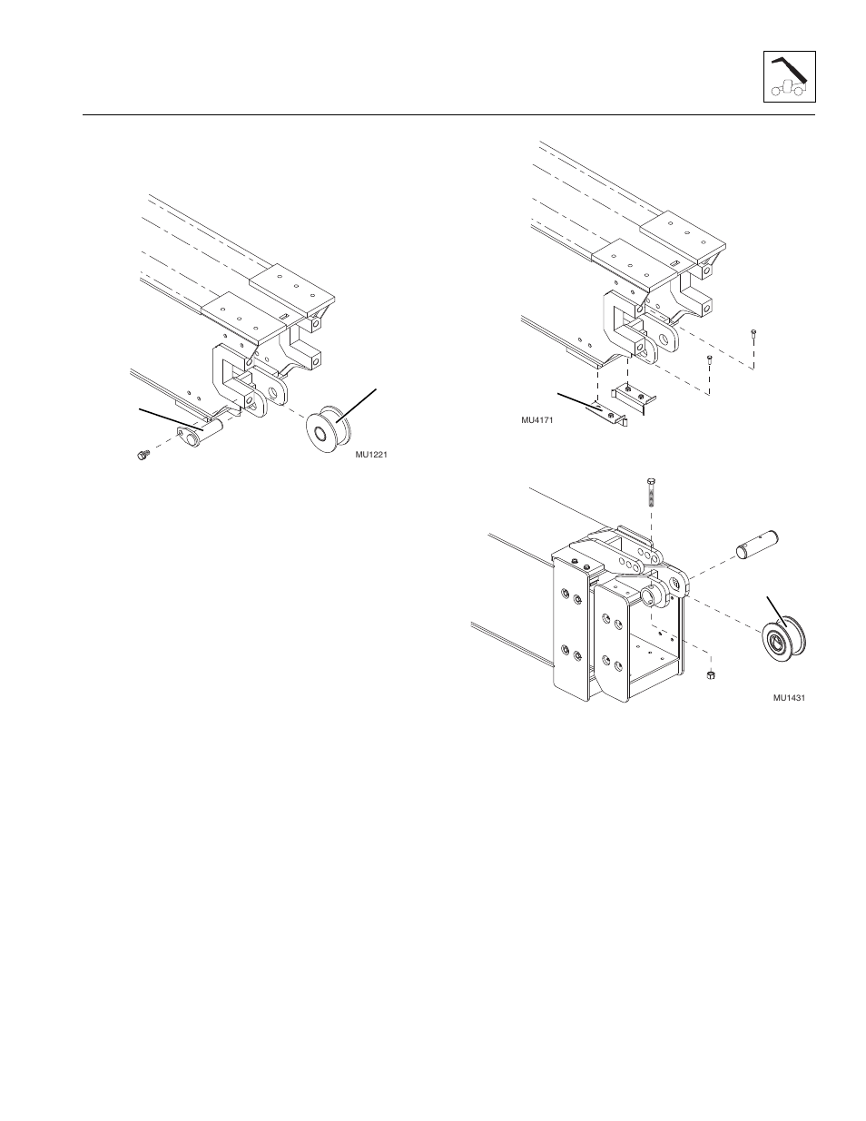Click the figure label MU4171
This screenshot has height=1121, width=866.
coord(536,420)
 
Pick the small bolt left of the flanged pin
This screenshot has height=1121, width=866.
coord(142,454)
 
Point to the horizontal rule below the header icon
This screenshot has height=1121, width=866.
coord(448,115)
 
